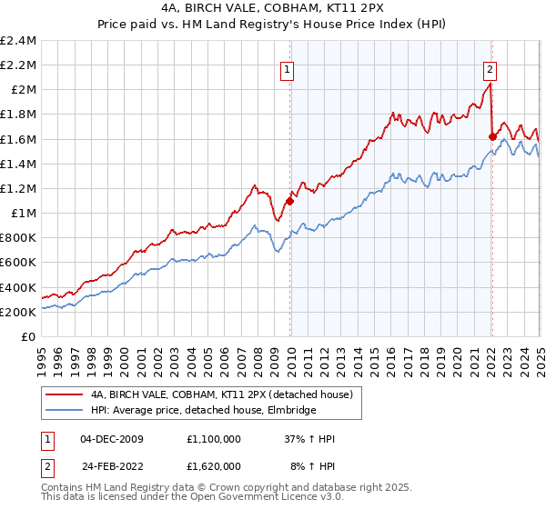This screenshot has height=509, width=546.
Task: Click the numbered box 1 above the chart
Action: tap(287, 68)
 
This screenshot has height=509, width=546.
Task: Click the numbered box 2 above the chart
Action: tap(490, 68)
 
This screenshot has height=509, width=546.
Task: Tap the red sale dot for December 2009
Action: tap(290, 201)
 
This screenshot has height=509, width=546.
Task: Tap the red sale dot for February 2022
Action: tap(492, 136)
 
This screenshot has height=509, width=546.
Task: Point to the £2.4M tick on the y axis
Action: tap(19, 41)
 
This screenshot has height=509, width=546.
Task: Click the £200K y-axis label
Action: tap(19, 312)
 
